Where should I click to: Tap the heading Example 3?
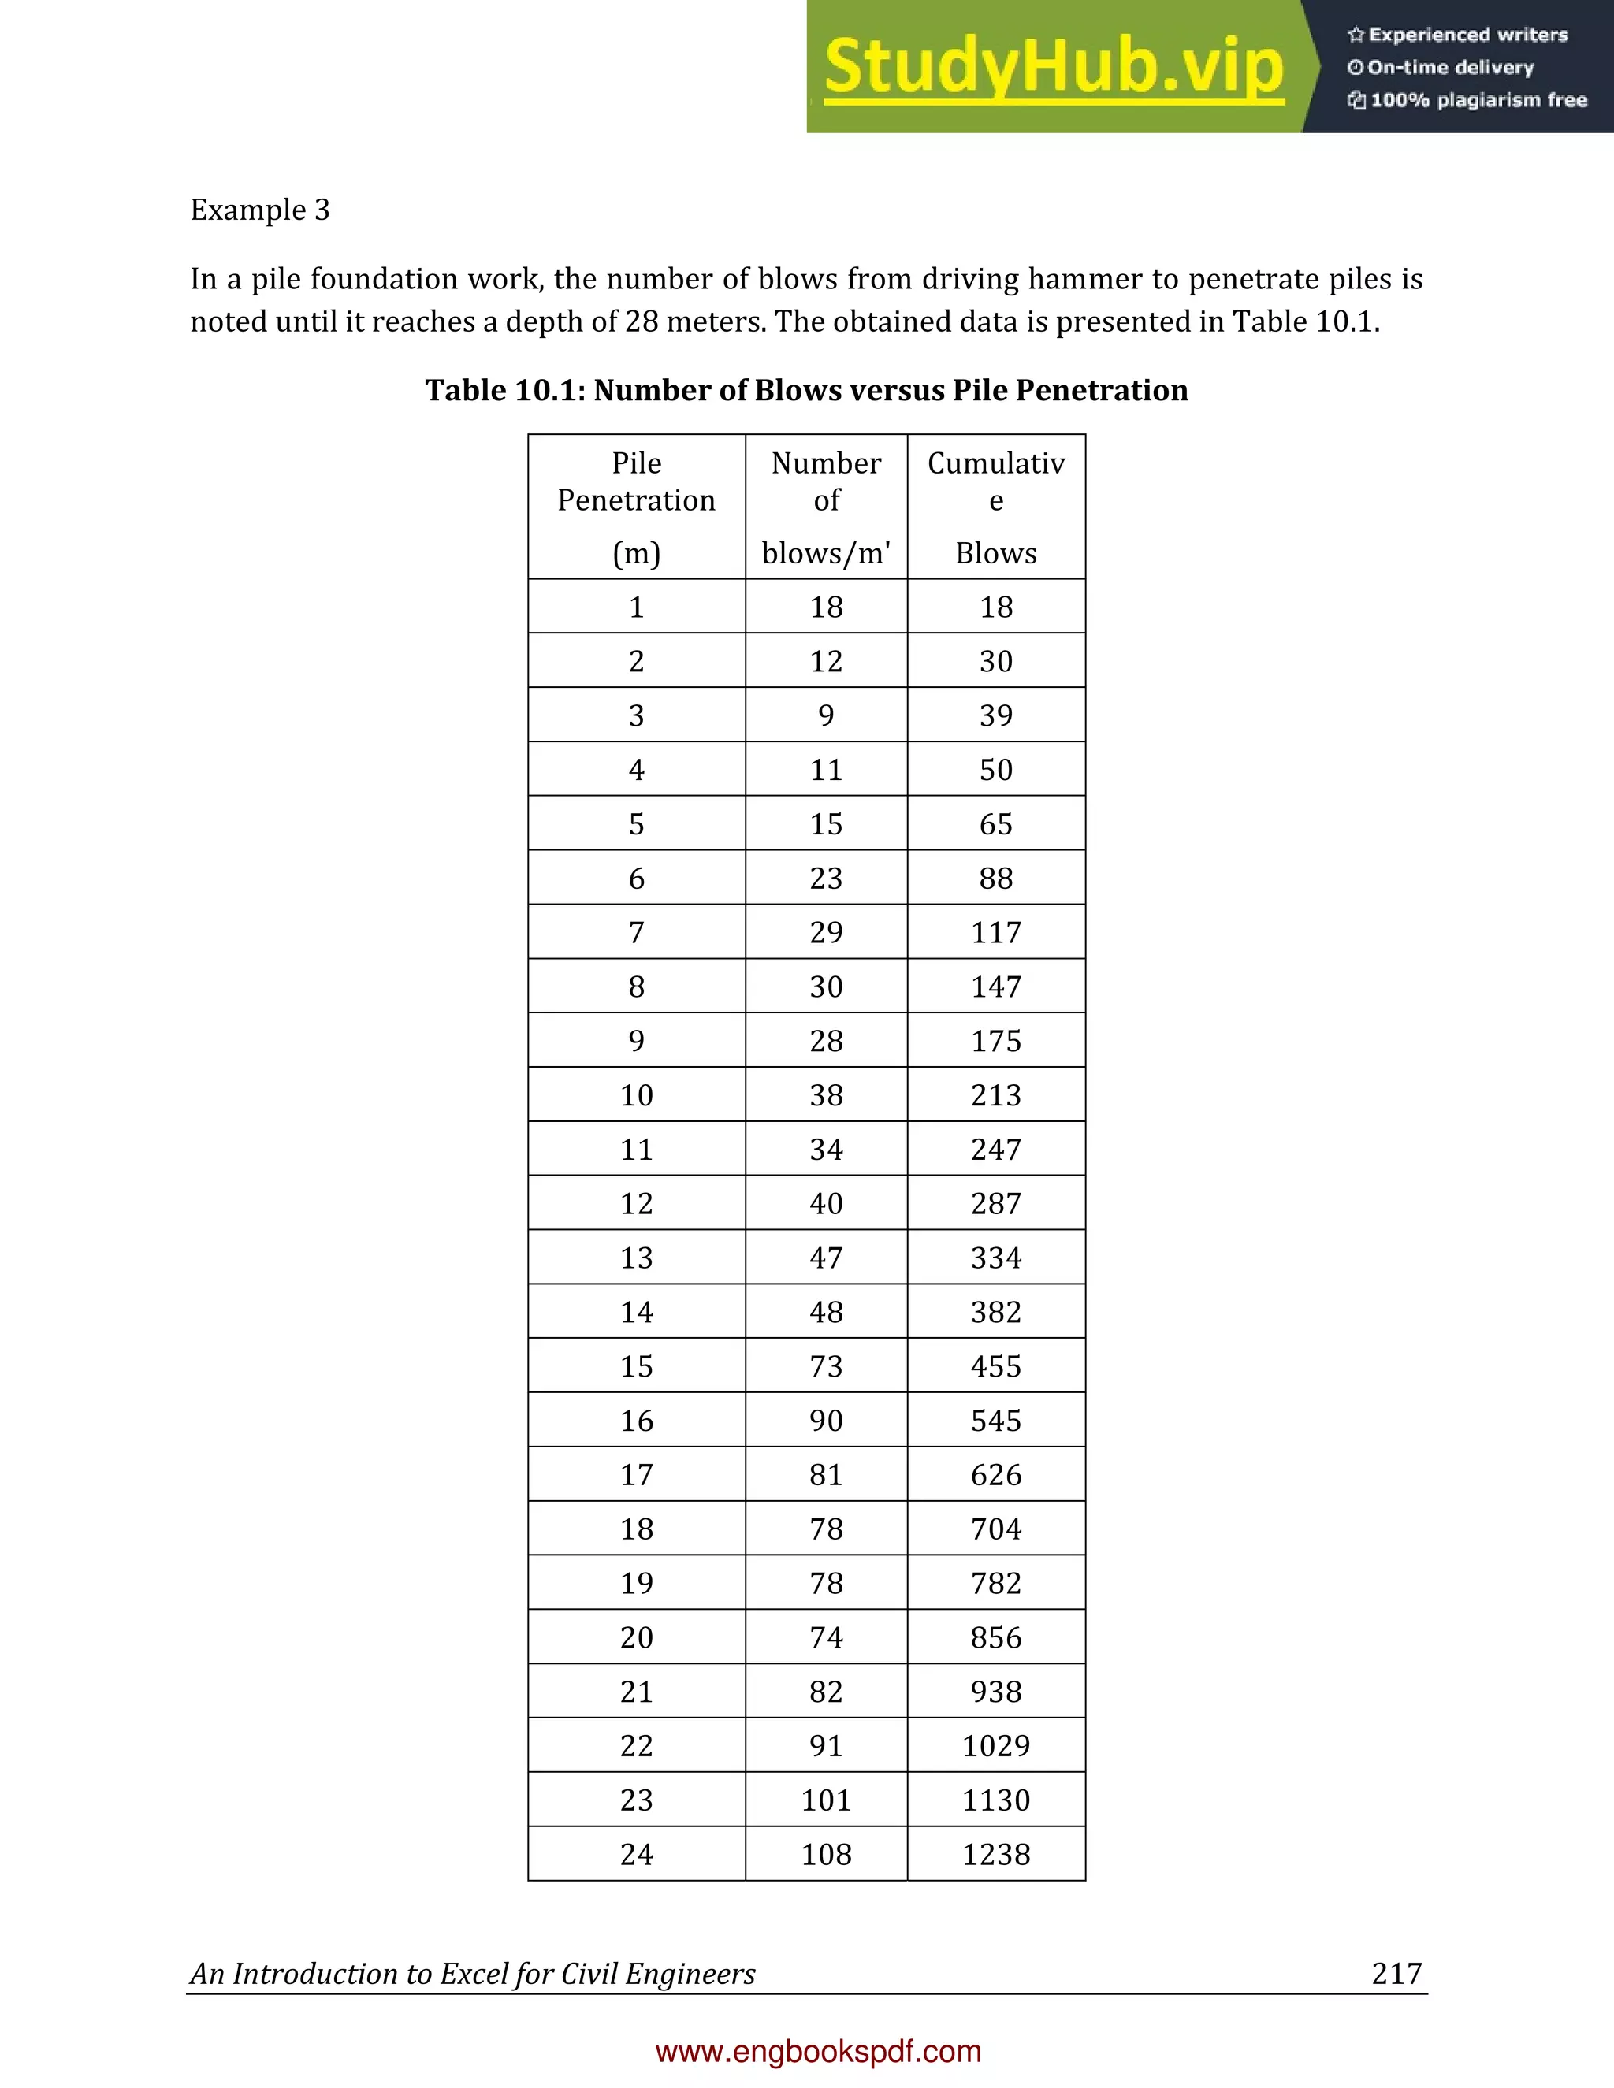[x=260, y=210]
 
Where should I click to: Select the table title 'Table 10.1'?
[x=806, y=390]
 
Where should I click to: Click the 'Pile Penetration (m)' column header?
[x=636, y=507]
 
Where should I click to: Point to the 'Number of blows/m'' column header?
[x=826, y=507]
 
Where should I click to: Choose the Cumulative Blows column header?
[x=995, y=507]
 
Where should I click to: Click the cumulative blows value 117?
[x=995, y=932]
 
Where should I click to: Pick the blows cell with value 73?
[x=826, y=1366]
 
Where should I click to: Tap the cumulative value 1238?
[x=995, y=1854]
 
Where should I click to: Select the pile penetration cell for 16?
[x=636, y=1421]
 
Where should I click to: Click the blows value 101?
[x=826, y=1800]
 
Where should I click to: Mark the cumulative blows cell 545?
[x=995, y=1421]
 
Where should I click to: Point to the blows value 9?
[x=826, y=715]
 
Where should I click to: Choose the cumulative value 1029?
[x=995, y=1746]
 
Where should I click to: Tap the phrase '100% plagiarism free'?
[x=1478, y=100]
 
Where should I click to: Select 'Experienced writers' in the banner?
[x=1467, y=35]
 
